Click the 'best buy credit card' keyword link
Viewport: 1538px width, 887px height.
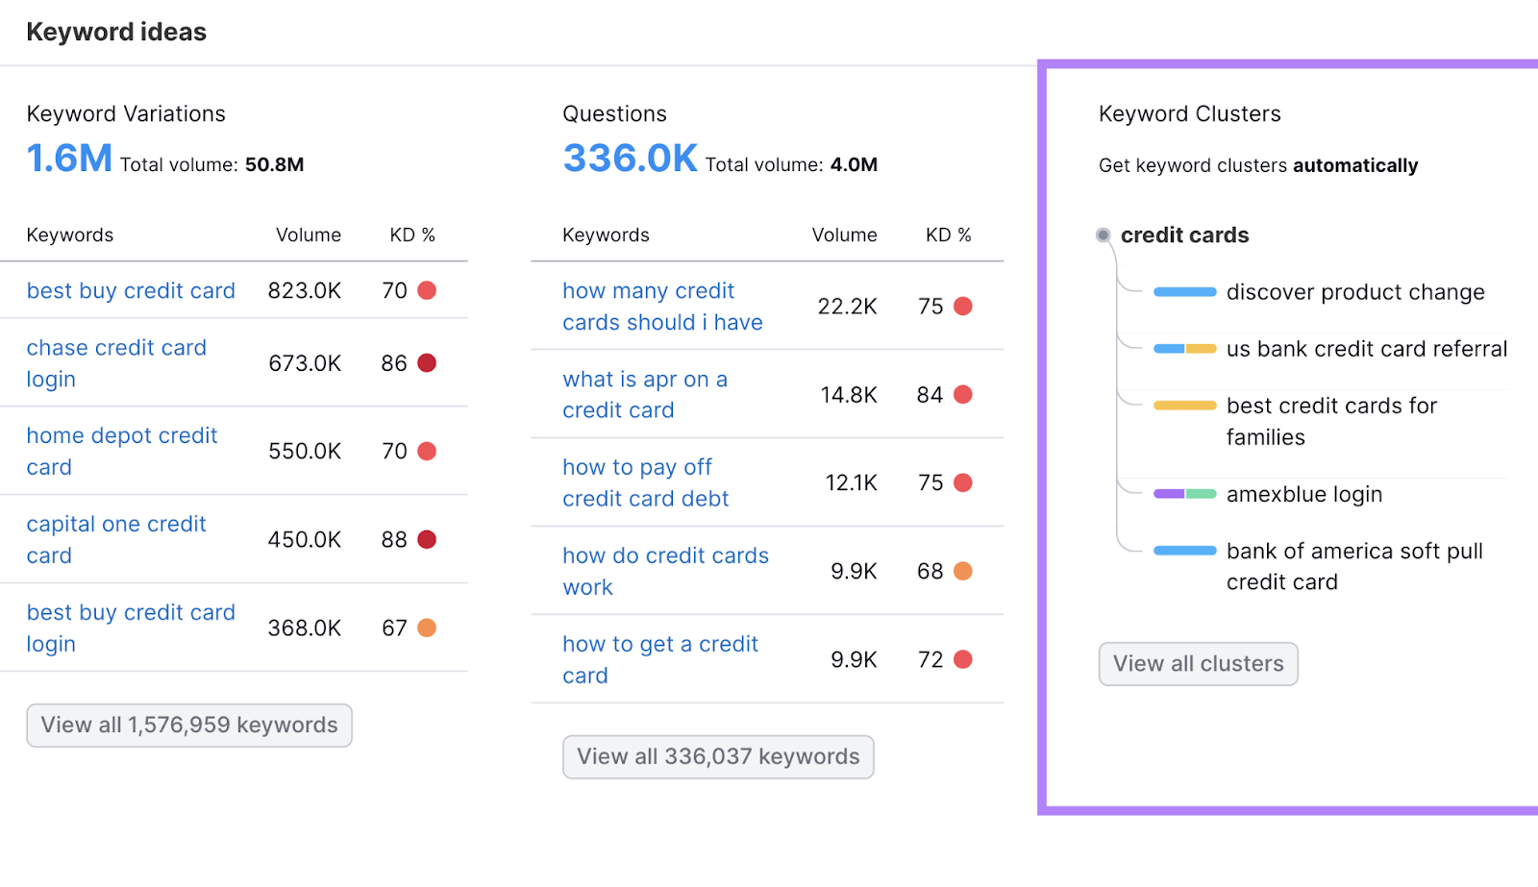click(131, 291)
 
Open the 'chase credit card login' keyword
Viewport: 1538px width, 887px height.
click(115, 362)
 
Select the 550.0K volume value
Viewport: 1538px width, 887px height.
click(305, 451)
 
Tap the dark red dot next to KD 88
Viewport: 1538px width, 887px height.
click(427, 539)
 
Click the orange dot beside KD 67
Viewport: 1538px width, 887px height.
click(427, 628)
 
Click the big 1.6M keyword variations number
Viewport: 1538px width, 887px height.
click(69, 159)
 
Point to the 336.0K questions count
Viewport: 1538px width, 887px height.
click(630, 159)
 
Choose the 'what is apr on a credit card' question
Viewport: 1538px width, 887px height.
click(644, 394)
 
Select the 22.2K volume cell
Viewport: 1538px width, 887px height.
click(847, 307)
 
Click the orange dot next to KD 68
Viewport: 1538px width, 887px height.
click(962, 571)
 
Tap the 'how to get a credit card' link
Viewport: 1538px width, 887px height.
click(659, 659)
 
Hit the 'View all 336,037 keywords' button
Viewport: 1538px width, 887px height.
click(718, 757)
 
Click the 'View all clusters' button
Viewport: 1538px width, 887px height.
click(1198, 664)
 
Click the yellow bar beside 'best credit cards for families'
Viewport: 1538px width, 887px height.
click(1184, 406)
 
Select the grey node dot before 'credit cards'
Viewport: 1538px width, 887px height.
click(1104, 235)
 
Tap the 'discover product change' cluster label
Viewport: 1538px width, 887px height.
click(1354, 292)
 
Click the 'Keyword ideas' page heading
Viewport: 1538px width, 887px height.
click(116, 32)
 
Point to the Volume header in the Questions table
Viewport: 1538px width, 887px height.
click(844, 235)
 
